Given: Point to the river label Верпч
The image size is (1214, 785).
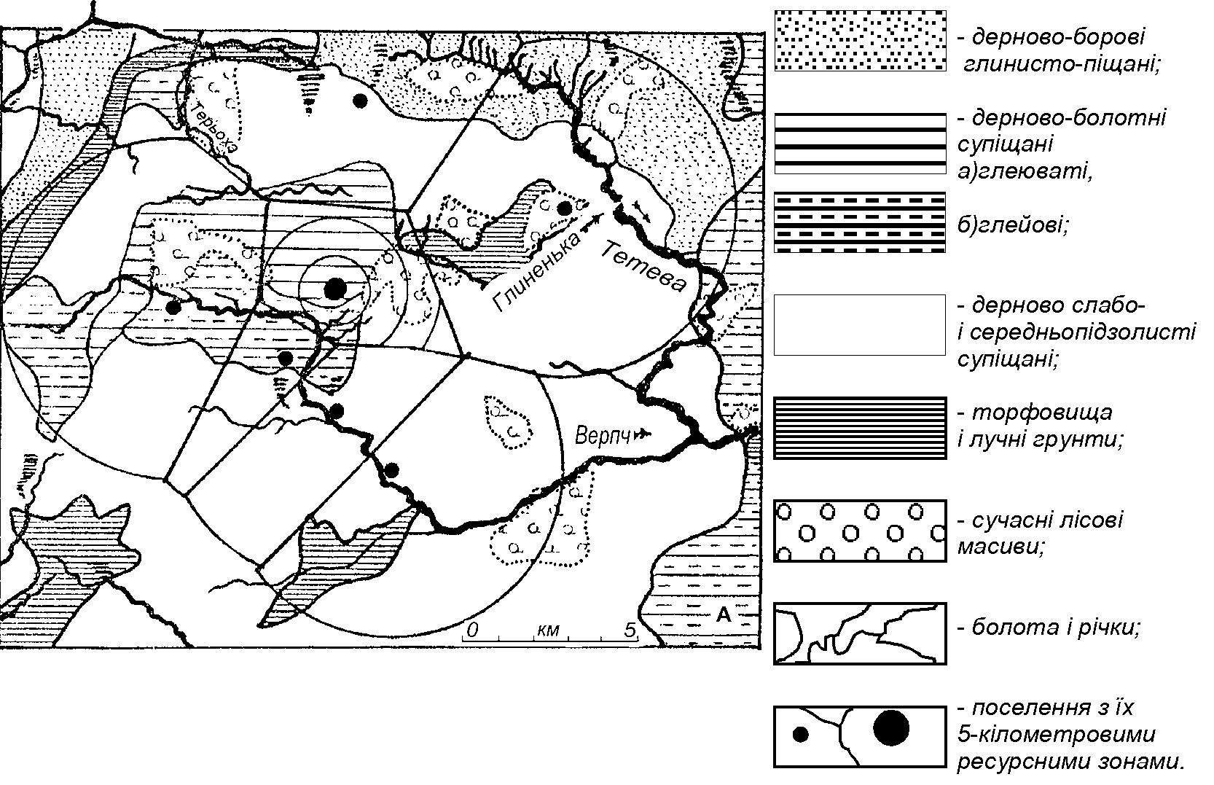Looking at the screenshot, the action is click(602, 435).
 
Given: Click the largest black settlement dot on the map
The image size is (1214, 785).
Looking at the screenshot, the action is click(335, 289).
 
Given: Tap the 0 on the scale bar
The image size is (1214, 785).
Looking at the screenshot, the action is click(472, 630).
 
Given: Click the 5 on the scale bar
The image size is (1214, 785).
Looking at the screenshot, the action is click(629, 630).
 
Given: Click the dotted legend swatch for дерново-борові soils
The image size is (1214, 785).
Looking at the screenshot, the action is click(860, 41).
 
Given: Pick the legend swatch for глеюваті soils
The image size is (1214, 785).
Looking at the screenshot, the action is click(860, 144).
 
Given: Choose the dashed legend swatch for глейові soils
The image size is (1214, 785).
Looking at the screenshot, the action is click(860, 222).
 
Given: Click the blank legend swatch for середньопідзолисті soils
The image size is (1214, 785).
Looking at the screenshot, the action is click(860, 325).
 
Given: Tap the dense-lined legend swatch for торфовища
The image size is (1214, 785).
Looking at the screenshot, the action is click(860, 429).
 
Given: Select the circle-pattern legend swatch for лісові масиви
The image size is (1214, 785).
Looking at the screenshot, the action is click(860, 531).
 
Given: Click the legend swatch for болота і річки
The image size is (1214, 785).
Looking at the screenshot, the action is click(860, 633).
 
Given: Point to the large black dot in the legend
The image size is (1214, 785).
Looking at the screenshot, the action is click(891, 727).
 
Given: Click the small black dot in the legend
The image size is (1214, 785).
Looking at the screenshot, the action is click(801, 735).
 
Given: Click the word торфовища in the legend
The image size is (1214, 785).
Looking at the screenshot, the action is click(1041, 413).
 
